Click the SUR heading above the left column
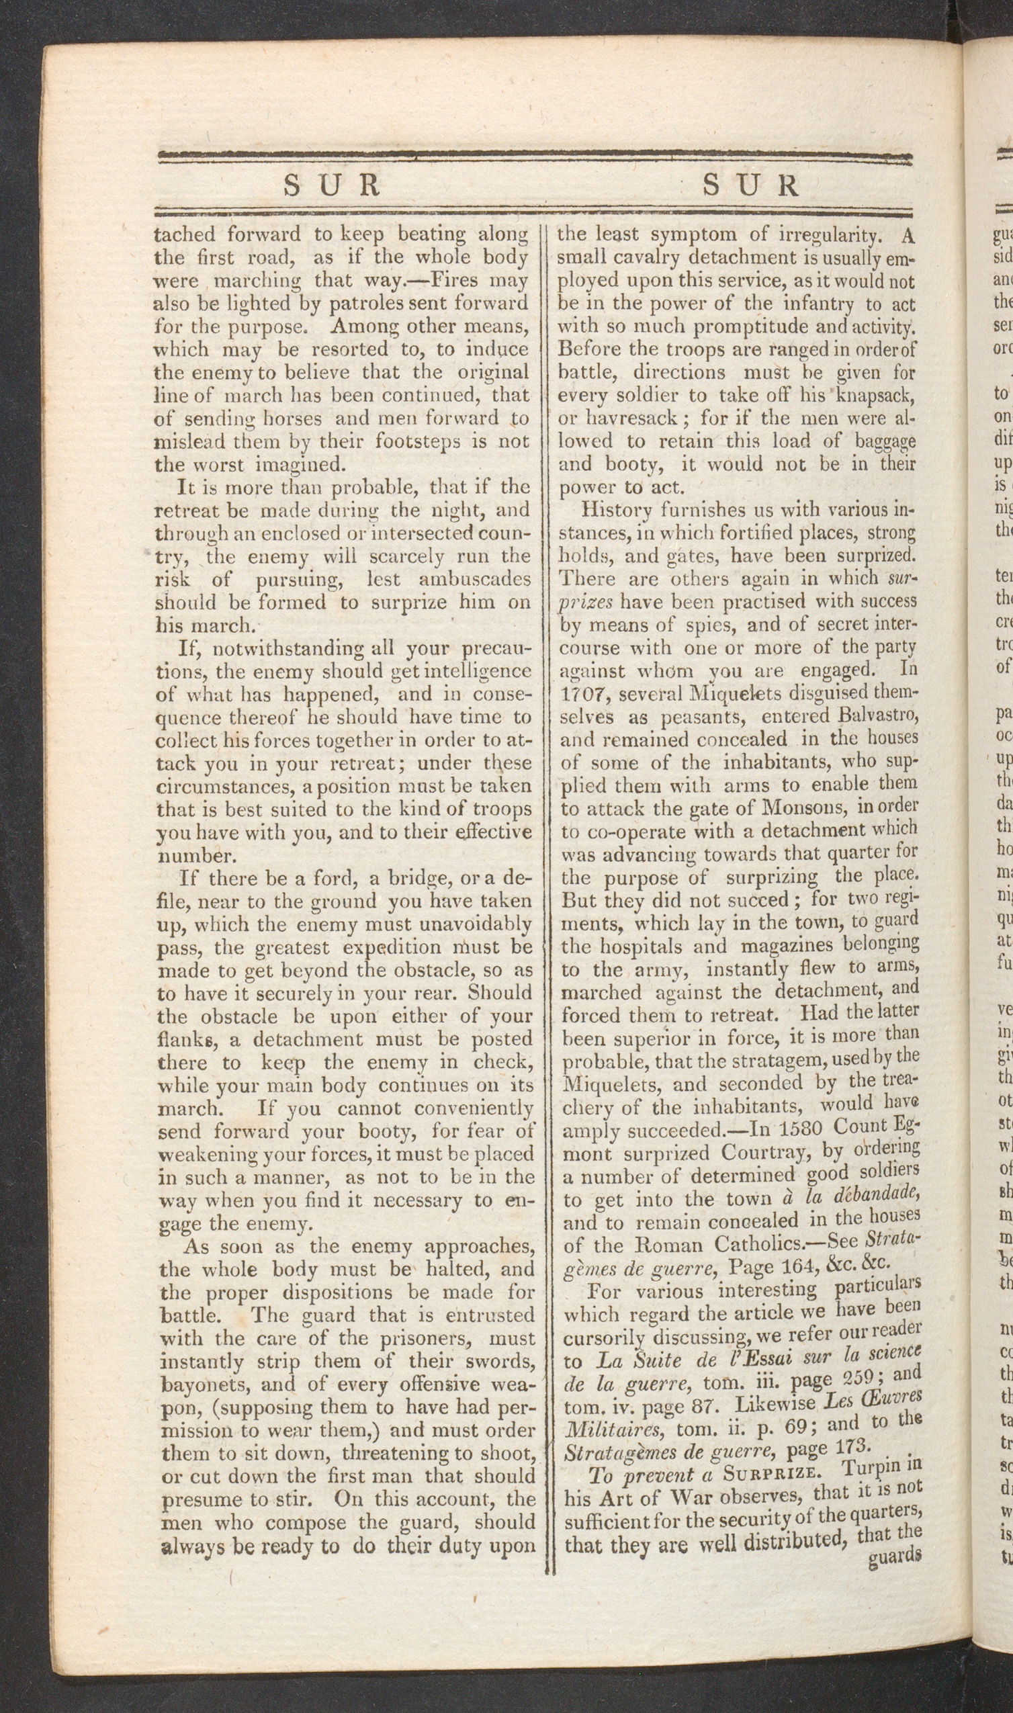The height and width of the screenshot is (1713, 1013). [x=332, y=185]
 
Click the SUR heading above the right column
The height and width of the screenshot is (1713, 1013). [x=750, y=185]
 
